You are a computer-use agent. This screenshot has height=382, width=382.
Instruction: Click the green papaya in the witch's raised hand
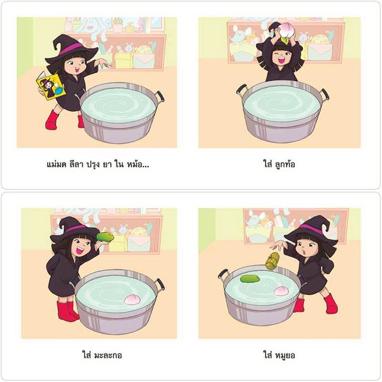point(105,237)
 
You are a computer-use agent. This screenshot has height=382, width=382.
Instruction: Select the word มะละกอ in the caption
point(107,356)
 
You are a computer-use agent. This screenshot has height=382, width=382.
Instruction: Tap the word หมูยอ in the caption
point(285,356)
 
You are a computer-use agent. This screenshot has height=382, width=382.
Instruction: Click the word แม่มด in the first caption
point(56,165)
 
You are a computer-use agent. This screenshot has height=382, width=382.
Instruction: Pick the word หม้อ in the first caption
point(134,164)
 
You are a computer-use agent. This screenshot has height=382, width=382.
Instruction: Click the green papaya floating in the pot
point(250,279)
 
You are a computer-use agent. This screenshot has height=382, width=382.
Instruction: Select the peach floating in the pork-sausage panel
point(282,291)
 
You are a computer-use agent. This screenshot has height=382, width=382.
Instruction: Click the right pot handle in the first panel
point(159,96)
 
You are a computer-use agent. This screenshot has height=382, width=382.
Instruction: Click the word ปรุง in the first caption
point(93,165)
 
